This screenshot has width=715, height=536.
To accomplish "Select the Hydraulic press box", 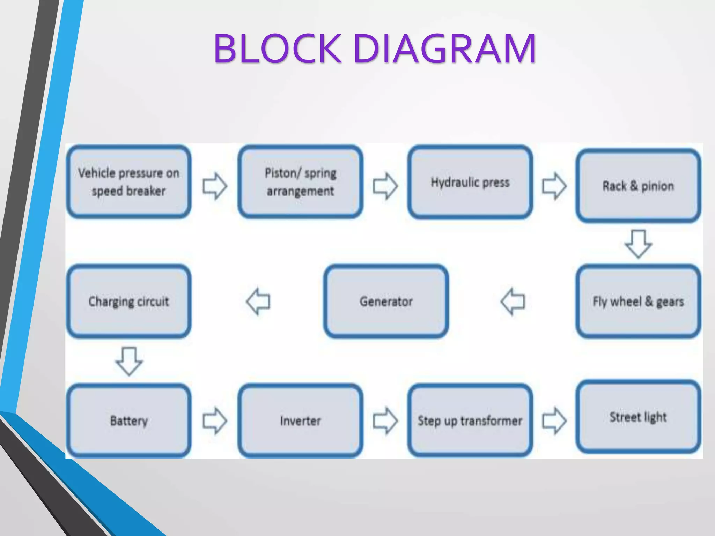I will [470, 182].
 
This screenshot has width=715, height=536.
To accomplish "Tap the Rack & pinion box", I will [638, 186].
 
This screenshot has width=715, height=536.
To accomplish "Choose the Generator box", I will [386, 301].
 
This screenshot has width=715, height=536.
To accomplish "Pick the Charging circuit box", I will [128, 301].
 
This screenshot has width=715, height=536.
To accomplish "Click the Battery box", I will [128, 420].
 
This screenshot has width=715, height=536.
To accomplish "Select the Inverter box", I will [300, 420].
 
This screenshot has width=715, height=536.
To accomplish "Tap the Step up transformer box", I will [470, 420].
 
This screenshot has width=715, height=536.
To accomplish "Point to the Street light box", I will [638, 417].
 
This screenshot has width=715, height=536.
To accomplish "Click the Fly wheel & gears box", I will [638, 301].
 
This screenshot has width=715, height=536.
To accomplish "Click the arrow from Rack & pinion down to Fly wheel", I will [638, 244].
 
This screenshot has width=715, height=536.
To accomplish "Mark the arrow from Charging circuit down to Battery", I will [129, 361].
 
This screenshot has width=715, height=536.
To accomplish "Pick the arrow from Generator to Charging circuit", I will [258, 301].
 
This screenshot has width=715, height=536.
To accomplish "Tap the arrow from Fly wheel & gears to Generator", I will [513, 301].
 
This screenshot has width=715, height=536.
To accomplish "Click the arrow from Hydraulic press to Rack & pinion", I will [554, 186].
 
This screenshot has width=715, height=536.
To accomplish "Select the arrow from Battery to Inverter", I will [215, 420].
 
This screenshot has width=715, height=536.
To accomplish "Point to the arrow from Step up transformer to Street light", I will [554, 420].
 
